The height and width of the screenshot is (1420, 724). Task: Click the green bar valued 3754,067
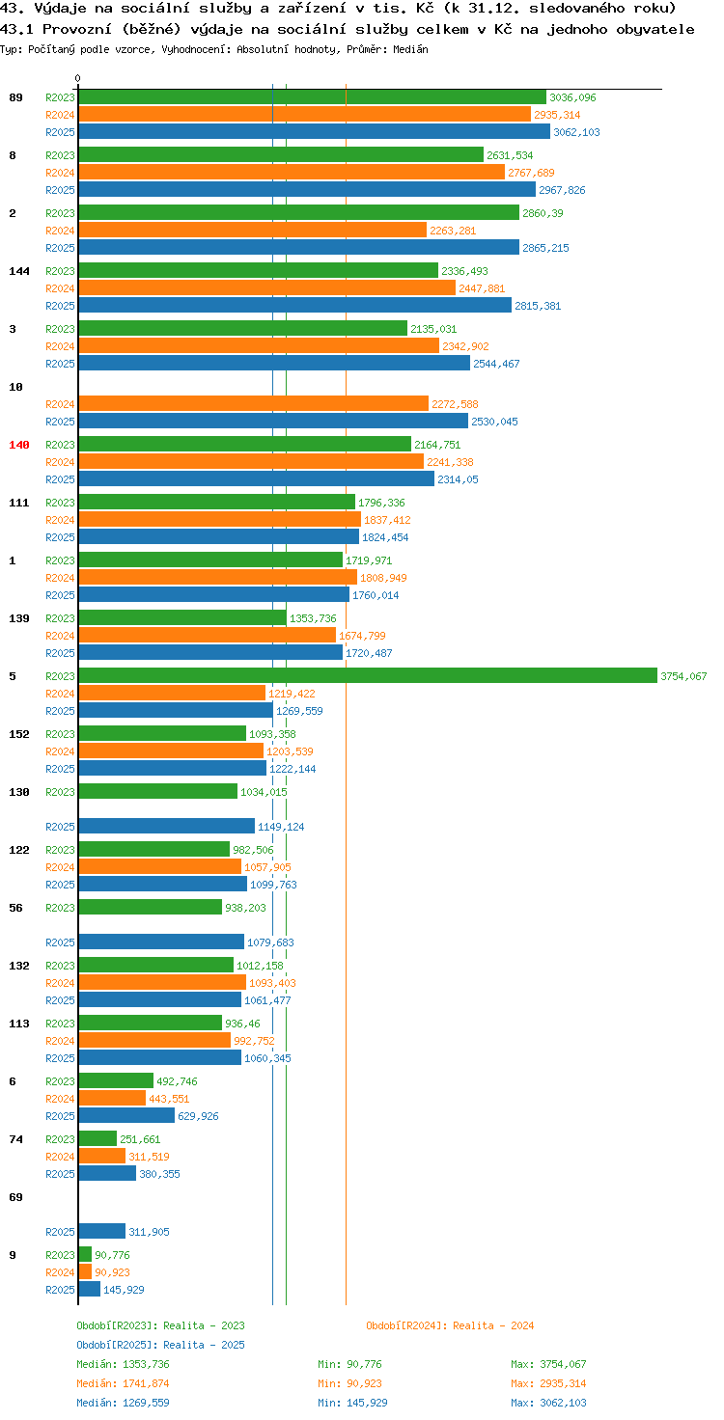368,676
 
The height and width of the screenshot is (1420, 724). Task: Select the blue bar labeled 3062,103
314,132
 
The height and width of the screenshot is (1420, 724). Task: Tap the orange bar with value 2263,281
253,231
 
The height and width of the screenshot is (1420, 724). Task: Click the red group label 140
19,445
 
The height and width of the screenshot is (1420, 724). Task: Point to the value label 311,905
149,1232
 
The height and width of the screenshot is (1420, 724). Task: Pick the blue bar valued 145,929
90,1290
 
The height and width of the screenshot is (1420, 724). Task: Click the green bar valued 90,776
85,1254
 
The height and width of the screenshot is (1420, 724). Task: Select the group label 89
15,97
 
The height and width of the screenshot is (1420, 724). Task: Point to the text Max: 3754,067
548,1364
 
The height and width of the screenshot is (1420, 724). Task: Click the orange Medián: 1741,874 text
124,1383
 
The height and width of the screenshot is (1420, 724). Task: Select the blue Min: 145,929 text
352,1403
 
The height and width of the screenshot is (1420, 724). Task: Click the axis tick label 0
77,78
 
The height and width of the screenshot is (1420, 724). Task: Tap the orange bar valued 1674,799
207,635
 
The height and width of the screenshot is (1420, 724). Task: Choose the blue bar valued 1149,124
166,826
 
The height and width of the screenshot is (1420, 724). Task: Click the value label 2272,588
455,404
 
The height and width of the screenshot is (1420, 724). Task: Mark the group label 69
15,1197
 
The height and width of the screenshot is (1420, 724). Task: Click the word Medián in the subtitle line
410,49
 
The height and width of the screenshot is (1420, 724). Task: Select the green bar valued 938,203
151,907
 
